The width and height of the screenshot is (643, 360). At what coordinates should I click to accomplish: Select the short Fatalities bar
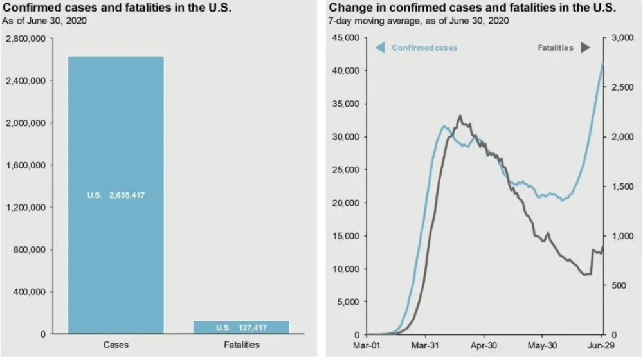point(242,327)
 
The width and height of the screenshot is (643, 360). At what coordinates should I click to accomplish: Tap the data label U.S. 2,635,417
point(116,195)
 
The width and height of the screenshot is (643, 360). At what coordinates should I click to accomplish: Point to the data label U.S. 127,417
point(242,327)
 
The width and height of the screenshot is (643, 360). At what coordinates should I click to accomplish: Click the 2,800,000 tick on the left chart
point(25,39)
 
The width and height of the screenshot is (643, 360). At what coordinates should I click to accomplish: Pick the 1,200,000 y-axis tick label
point(25,208)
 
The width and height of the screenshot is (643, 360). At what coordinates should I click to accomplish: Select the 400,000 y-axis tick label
point(29,292)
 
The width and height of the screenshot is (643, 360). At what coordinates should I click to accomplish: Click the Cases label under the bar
point(116,345)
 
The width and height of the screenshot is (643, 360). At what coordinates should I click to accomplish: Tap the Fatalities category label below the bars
point(242,345)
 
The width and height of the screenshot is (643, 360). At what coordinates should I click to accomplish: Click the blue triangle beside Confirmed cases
point(380,48)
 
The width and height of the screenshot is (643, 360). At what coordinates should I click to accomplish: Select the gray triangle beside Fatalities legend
point(585,48)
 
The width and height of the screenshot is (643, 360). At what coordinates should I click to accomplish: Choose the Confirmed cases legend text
point(424,48)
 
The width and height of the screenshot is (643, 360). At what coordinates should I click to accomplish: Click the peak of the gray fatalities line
point(460,116)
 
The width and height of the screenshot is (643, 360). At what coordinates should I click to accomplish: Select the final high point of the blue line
point(602,63)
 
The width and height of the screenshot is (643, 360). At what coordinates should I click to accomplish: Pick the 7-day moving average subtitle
point(418,21)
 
